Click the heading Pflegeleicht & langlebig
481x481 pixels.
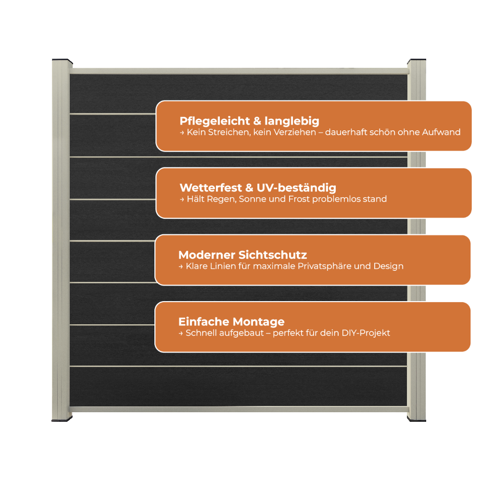[x=249, y=121]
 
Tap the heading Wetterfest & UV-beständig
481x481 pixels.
[x=258, y=188]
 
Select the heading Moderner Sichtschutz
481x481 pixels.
[x=242, y=254]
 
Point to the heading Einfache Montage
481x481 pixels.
[x=231, y=322]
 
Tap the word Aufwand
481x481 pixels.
[x=441, y=132]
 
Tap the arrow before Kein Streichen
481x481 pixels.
[x=182, y=133]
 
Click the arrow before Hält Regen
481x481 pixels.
[x=182, y=200]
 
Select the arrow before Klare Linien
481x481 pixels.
[x=181, y=266]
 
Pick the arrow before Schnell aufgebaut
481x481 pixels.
[x=181, y=333]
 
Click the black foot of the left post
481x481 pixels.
[x=62, y=419]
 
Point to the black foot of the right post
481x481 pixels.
[x=417, y=419]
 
